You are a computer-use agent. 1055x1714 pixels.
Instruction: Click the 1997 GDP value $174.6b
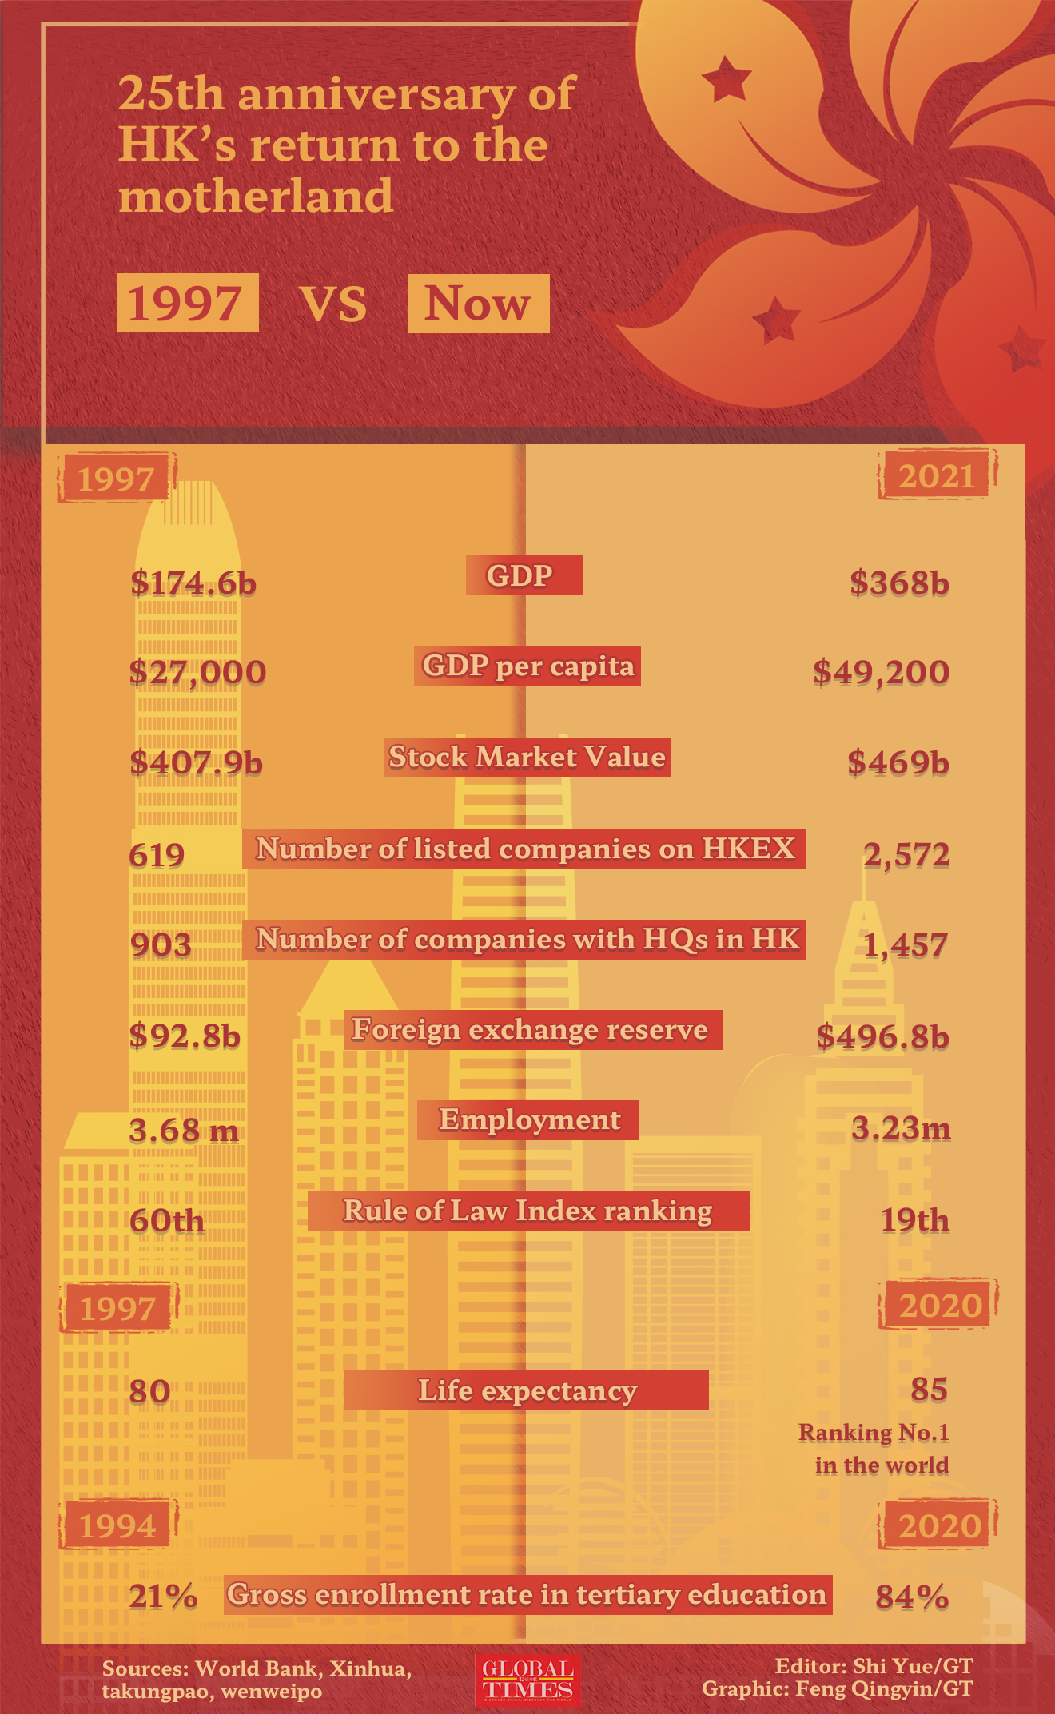pos(193,583)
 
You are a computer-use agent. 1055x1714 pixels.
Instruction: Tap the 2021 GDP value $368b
pos(899,583)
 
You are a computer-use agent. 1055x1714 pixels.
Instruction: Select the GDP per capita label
pos(527,666)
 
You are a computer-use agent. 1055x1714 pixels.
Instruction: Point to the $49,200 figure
pos(881,672)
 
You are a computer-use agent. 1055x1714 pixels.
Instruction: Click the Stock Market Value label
pos(527,758)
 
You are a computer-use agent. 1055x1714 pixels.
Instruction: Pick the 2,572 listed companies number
pos(906,855)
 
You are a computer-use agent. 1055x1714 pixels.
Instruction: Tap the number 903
pos(161,945)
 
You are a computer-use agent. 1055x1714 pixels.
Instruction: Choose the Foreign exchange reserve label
pos(530,1030)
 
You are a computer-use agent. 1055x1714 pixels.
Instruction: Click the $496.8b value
pos(882,1037)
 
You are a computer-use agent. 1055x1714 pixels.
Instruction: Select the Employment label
pos(528,1120)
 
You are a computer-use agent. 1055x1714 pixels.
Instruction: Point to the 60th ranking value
pos(167,1221)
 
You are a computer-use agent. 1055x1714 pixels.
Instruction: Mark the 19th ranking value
pos(914,1220)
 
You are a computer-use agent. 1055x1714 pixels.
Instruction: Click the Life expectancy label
pos(527,1391)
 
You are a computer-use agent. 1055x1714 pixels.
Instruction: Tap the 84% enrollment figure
pos(912,1597)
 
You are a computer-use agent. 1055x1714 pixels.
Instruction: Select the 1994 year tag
pos(117,1527)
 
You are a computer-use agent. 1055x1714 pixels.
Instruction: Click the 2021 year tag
pos(937,476)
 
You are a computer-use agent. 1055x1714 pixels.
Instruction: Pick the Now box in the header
pos(478,304)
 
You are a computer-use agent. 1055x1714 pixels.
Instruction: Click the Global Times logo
pos(527,1679)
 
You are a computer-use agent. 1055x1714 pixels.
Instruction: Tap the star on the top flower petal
pos(727,79)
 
